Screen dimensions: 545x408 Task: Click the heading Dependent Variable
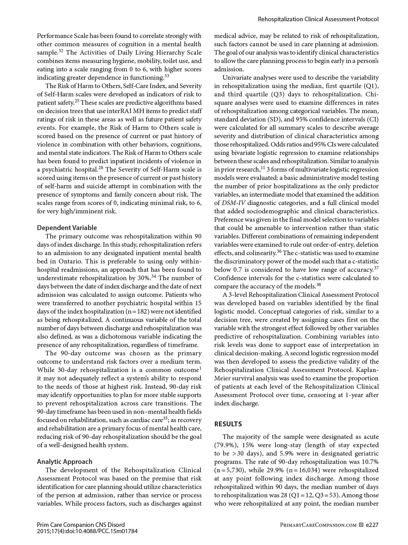coord(67,228)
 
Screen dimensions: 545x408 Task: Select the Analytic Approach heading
coord(65,462)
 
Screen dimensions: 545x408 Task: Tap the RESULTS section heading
coord(228,424)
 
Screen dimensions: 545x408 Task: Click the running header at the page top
coord(318,19)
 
